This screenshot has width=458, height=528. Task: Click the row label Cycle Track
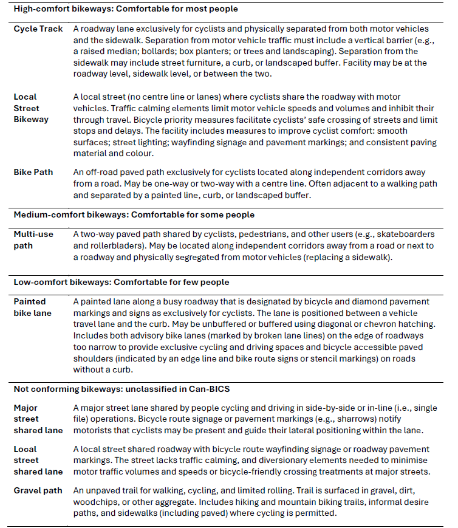pyautogui.click(x=36, y=29)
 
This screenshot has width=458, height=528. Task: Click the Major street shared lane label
pyautogui.click(x=38, y=419)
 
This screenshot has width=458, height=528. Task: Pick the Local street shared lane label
pyautogui.click(x=38, y=461)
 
